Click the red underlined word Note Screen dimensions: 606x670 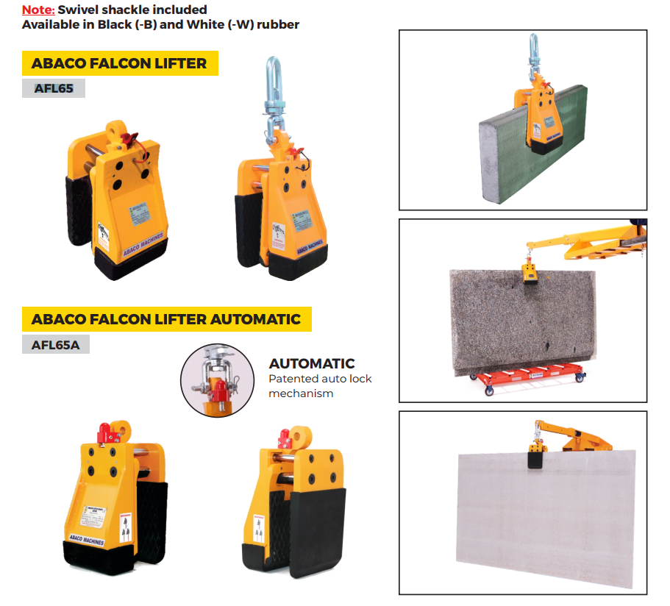pos(38,10)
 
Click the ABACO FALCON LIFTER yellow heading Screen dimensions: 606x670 pos(119,63)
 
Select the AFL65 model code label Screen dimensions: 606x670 pos(53,88)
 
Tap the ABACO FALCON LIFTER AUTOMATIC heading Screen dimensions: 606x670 pos(166,319)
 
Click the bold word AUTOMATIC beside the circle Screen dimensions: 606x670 pos(311,363)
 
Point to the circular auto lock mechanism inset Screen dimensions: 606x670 pos(216,379)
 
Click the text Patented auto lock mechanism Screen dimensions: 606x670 pos(320,386)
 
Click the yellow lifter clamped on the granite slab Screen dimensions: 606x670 pos(527,274)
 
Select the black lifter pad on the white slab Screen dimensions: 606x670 pos(535,461)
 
